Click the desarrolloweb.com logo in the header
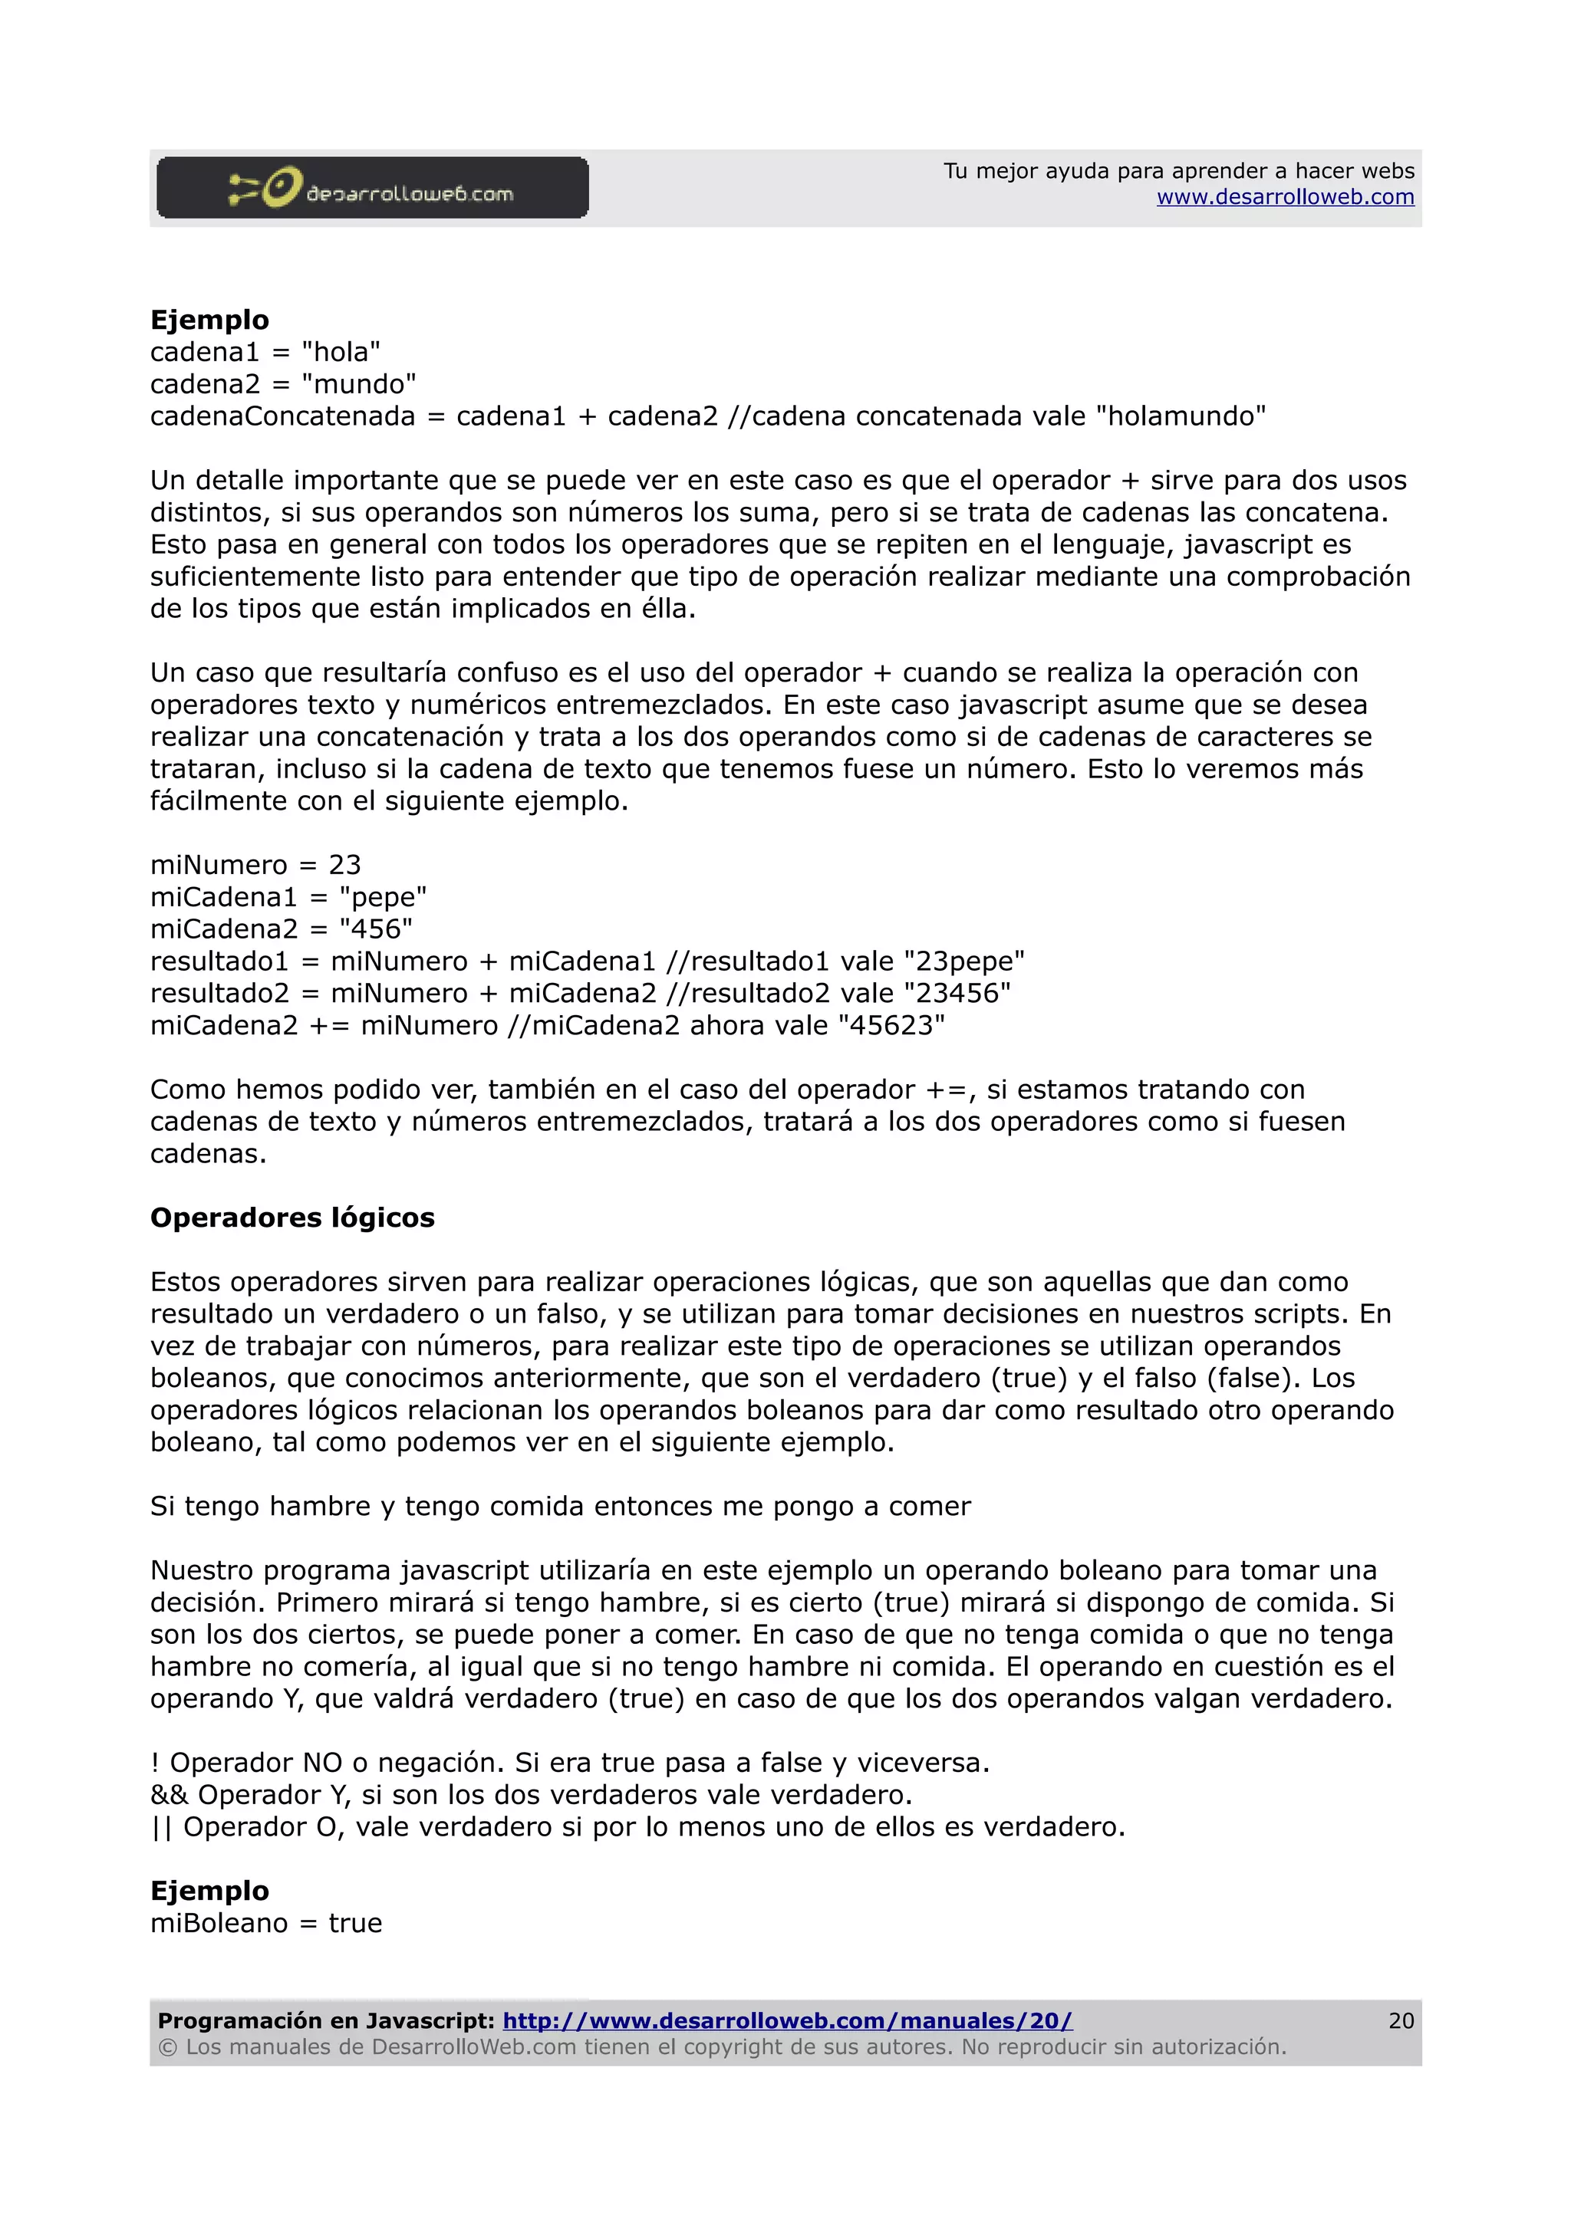372,188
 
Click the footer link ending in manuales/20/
787,2020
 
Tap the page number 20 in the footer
1401,2020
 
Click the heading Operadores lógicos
292,1218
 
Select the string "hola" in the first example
341,352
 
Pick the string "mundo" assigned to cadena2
358,384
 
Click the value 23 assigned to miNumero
344,865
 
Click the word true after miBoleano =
355,1923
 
